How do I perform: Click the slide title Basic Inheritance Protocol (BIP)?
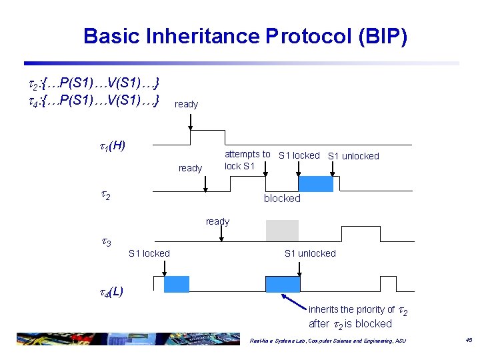pos(245,36)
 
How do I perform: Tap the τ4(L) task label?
pos(107,291)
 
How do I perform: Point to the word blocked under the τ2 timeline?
pos(282,198)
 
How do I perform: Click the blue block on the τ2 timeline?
pos(315,184)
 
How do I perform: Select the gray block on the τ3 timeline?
pos(282,231)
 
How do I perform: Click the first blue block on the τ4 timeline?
pos(177,284)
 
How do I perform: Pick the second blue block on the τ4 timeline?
pos(283,284)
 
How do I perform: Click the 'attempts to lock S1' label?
pos(247,160)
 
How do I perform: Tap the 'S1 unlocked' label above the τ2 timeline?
pos(353,156)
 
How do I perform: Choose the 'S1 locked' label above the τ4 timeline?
pos(149,253)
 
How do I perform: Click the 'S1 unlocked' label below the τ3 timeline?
pos(310,253)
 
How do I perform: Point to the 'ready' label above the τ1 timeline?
pos(186,104)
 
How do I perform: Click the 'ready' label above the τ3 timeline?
pos(217,221)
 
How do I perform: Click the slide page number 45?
pos(469,340)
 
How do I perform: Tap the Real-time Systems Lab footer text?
pos(327,341)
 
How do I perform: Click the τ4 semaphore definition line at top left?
pos(92,100)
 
